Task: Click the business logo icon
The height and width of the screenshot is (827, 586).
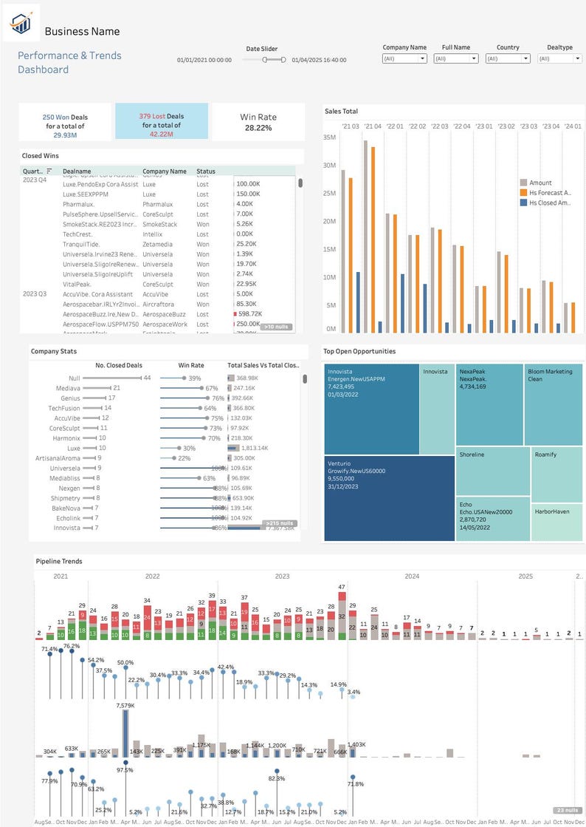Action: pos(21,24)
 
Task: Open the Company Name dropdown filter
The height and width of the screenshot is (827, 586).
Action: pos(404,58)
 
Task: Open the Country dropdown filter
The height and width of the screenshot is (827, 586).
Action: pos(507,58)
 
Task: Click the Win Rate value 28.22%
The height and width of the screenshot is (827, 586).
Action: pos(258,128)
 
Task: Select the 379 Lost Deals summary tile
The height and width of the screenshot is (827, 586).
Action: pos(161,121)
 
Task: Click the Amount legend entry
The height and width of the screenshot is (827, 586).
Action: pos(540,183)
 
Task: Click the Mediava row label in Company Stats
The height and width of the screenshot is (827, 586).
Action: pos(68,388)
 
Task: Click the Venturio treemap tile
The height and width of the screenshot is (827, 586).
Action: pos(389,498)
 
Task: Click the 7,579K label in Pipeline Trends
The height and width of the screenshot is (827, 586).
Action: pos(125,707)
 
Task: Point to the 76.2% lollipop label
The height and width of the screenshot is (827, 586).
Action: pos(72,646)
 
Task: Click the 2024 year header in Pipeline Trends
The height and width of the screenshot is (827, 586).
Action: pos(412,576)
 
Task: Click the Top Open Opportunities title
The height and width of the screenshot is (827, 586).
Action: pos(359,351)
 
